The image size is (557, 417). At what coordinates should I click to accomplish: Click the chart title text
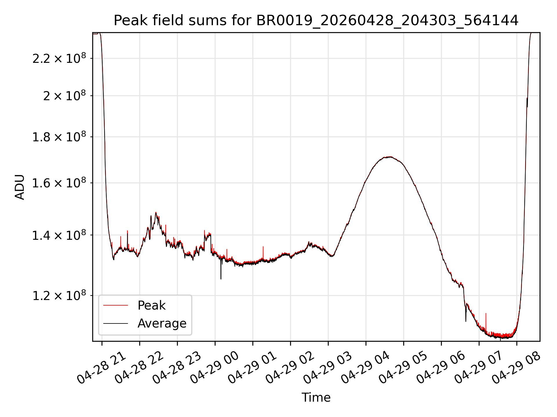pos(316,21)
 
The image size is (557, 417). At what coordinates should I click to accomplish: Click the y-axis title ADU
pos(20,187)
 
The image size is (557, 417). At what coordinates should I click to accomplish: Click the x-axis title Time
pos(316,397)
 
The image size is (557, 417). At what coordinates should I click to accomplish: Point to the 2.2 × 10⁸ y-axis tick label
pos(59,58)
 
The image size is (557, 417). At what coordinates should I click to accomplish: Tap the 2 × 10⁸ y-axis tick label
pos(65,96)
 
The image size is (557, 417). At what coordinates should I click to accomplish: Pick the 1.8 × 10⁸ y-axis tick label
pos(59,137)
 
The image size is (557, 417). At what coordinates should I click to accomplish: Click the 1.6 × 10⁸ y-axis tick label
pos(59,183)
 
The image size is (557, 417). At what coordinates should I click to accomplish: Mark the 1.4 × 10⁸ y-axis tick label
pos(59,235)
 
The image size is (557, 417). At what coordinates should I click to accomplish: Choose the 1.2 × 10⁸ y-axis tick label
pos(59,295)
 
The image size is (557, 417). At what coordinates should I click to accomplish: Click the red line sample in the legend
pos(115,305)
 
